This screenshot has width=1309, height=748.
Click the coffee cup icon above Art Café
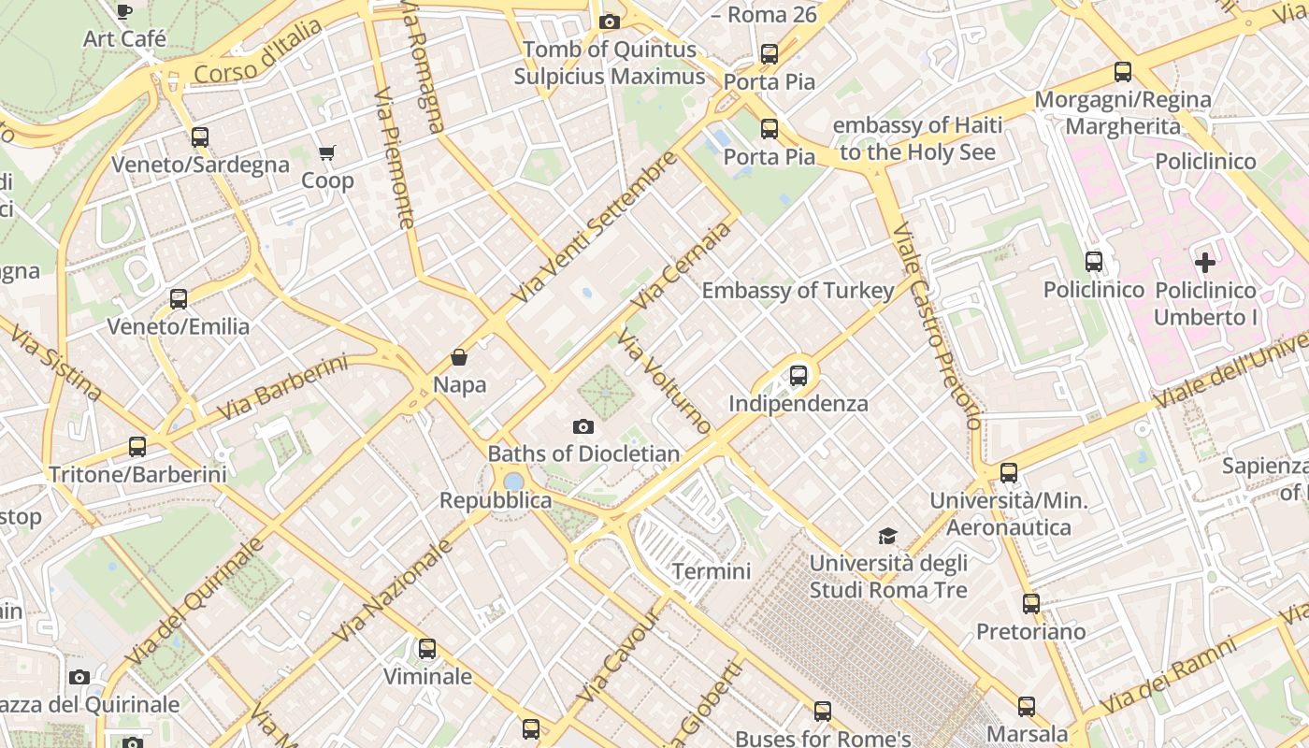[x=124, y=11]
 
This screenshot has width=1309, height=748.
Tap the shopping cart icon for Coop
[x=327, y=152]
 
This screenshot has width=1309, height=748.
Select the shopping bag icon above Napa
[x=459, y=357]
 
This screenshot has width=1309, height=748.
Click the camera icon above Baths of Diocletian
[x=583, y=427]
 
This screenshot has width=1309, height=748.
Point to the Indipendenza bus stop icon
[x=798, y=376]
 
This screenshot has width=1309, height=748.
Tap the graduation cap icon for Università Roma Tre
[x=887, y=536]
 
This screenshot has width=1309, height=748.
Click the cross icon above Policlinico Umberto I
[x=1204, y=263]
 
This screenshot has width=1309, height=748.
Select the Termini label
[x=712, y=570]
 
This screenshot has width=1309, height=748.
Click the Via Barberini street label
[x=282, y=387]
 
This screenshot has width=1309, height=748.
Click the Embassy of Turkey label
[x=798, y=291]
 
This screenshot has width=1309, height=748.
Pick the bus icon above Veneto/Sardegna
[x=199, y=137]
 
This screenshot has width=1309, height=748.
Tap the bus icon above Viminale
[x=427, y=648]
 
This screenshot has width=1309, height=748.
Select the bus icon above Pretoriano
[x=1030, y=604]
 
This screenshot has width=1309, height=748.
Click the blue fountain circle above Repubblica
[x=513, y=482]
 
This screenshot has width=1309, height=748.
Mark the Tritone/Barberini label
[x=137, y=474]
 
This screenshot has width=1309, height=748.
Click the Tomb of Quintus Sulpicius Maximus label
[x=610, y=63]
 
